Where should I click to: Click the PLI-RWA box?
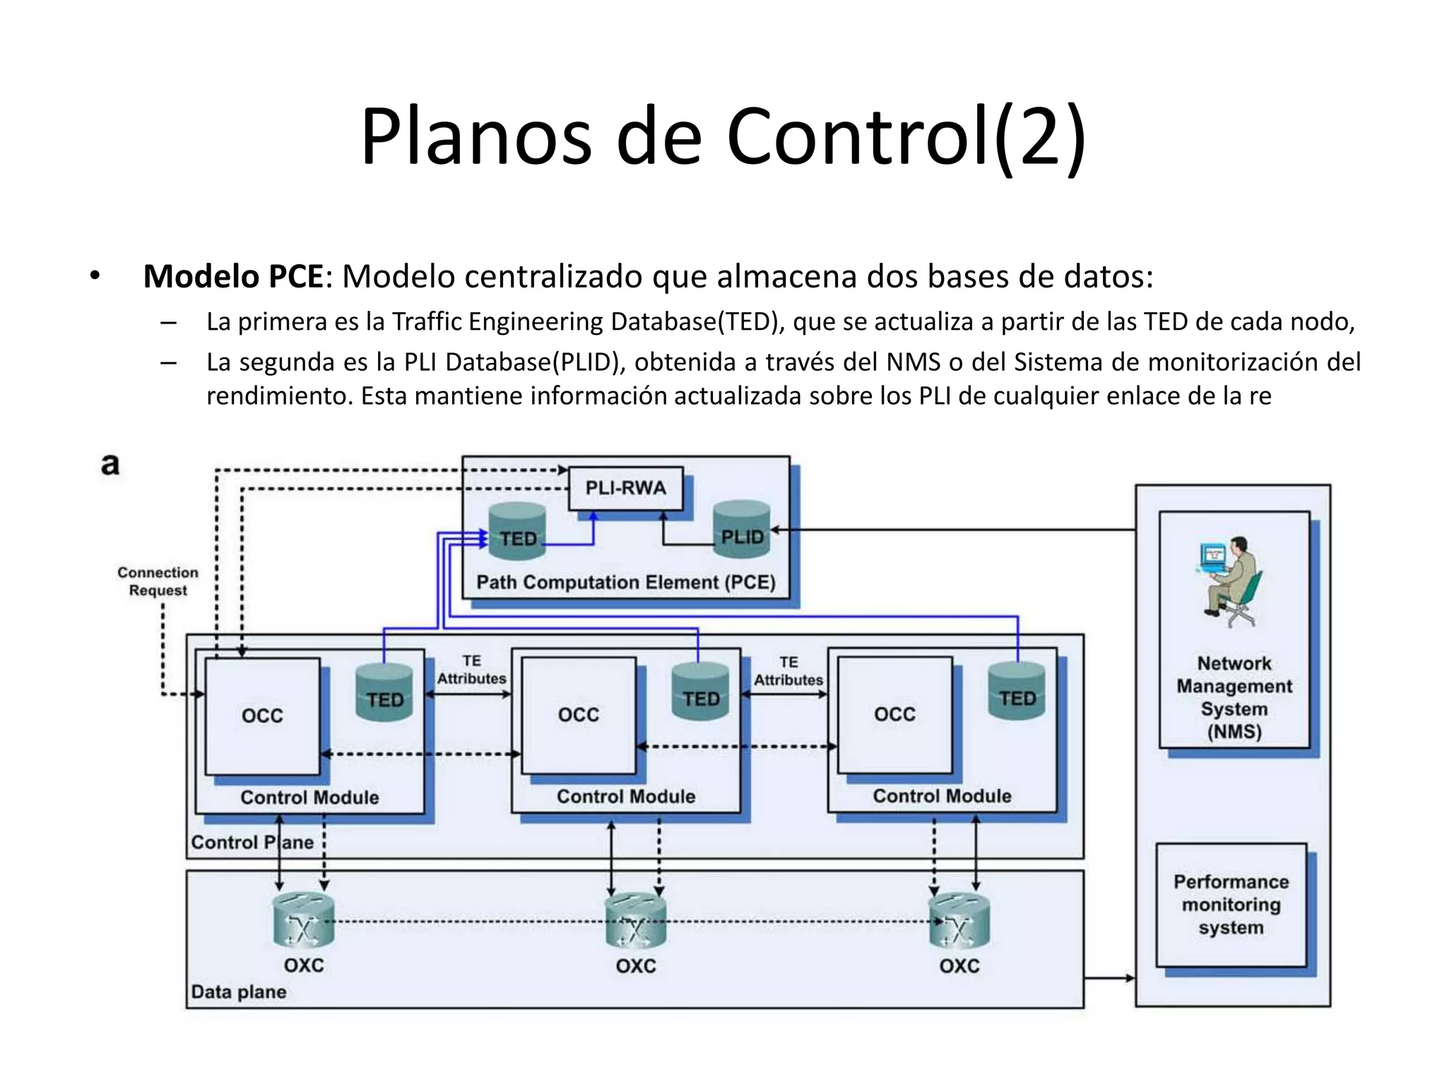[625, 488]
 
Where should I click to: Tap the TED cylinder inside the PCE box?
[517, 532]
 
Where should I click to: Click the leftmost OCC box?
[262, 716]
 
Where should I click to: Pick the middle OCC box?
[578, 715]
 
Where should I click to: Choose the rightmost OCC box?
[894, 714]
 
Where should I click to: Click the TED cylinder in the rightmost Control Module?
[1017, 692]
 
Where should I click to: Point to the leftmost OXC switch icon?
[303, 920]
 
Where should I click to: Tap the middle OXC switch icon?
[635, 921]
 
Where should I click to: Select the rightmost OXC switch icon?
[959, 920]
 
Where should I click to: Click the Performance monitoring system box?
[1231, 905]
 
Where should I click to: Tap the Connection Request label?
[158, 581]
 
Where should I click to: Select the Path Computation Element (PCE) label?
[625, 583]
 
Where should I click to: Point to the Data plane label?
[238, 992]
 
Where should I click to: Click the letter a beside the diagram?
[110, 465]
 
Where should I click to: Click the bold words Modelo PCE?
[233, 276]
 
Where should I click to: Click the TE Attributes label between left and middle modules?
[471, 670]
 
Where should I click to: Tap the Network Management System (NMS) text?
[1234, 697]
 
